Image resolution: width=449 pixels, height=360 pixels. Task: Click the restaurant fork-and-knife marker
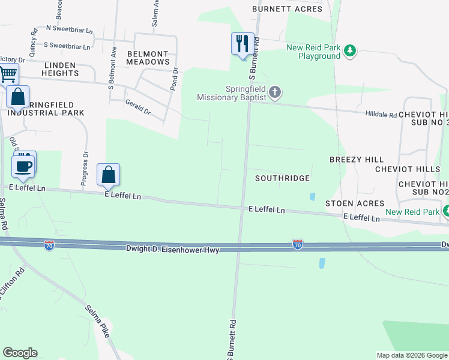[x=242, y=43]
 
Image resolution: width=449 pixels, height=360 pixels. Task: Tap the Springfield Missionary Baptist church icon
[x=275, y=92]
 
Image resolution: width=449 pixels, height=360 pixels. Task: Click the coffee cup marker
[x=23, y=166]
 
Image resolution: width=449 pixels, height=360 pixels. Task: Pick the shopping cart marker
[x=8, y=74]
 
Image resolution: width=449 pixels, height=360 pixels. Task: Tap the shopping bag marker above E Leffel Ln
[x=108, y=175]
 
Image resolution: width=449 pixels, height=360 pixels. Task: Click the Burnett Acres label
[x=287, y=9]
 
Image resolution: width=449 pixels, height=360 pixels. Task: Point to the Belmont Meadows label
[x=148, y=58]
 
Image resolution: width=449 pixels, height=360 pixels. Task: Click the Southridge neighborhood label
[x=282, y=178]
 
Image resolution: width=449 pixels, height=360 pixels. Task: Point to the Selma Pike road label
[x=97, y=320]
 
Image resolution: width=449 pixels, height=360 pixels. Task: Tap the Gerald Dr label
[x=137, y=107]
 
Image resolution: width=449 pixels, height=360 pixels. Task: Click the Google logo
[x=20, y=353]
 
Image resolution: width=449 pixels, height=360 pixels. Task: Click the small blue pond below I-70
[x=322, y=263]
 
